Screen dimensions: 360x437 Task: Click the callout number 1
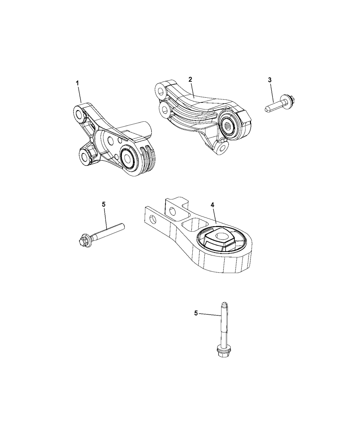[x=77, y=83]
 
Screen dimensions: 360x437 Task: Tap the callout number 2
[x=190, y=79]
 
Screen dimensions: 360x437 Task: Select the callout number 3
[x=270, y=80]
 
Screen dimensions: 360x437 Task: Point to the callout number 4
[x=213, y=205]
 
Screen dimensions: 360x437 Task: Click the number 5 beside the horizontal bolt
[x=104, y=204]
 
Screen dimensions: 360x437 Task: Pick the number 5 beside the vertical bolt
[x=196, y=319]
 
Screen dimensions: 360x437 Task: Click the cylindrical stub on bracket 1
[x=134, y=130]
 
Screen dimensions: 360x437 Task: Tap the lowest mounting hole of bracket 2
[x=223, y=147]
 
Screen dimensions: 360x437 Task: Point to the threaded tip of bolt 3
[x=267, y=109]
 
